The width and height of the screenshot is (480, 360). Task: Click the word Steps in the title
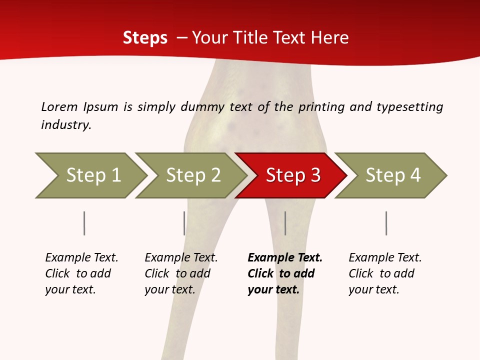tap(145, 38)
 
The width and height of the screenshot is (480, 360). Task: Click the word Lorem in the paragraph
tap(59, 106)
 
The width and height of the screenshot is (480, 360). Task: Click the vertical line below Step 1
tap(84, 223)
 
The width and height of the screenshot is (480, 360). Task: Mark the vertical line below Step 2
tap(184, 223)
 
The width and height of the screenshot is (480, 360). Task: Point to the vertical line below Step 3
tap(285, 223)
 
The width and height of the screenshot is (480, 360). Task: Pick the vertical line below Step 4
tap(386, 223)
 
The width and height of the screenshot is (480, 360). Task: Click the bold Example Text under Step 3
tap(285, 258)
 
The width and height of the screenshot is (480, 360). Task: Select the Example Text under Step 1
tap(81, 258)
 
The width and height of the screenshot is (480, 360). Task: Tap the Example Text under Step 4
tap(385, 258)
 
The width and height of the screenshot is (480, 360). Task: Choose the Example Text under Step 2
tap(181, 258)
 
